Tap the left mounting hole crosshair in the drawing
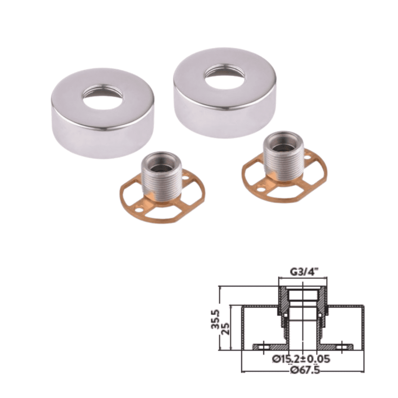263,347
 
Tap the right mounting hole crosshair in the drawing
341,347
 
